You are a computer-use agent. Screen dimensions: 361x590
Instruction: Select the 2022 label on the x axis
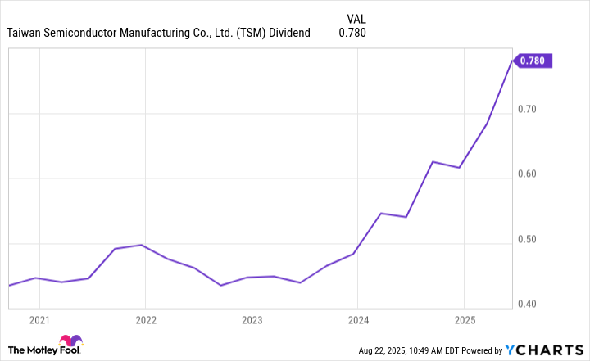(145, 319)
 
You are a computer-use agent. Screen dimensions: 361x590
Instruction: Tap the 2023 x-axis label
(252, 319)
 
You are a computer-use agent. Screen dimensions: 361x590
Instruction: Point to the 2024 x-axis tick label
(357, 319)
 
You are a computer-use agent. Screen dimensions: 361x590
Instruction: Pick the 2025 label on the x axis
(464, 319)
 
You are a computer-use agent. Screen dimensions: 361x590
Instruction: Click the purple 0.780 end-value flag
(535, 60)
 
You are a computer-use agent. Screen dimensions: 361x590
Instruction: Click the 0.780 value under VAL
(352, 33)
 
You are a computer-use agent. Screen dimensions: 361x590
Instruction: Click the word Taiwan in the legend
(26, 33)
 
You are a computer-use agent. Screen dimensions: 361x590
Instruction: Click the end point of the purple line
(512, 60)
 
